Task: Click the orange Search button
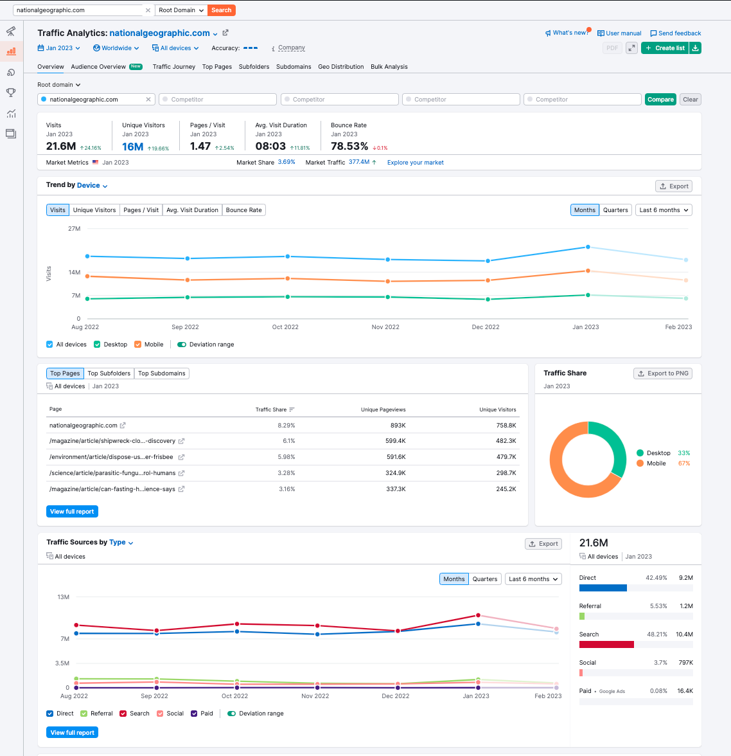(x=221, y=10)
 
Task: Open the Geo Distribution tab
(x=340, y=67)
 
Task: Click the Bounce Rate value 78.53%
(x=349, y=146)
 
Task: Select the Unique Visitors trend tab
(x=94, y=210)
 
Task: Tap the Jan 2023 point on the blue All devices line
(x=588, y=247)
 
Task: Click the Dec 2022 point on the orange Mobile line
(x=488, y=280)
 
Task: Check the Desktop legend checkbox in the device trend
(x=98, y=345)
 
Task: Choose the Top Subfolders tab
(x=109, y=373)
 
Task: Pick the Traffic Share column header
(x=271, y=410)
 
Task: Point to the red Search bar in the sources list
(x=606, y=645)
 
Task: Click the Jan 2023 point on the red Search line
(x=478, y=615)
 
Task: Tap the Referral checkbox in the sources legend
(x=84, y=714)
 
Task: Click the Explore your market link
(x=416, y=163)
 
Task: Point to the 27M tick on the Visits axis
(x=75, y=229)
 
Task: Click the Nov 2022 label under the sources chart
(x=315, y=696)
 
